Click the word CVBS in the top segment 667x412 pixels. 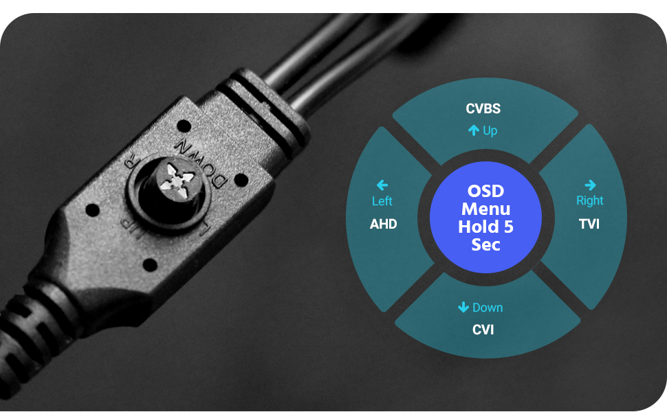[483, 108]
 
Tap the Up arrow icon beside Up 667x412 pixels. [473, 130]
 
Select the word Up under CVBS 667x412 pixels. [490, 130]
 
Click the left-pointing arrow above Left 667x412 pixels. [382, 185]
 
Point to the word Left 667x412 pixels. [382, 201]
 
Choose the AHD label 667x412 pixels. [383, 224]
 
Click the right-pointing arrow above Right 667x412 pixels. [590, 185]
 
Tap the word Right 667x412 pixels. [590, 201]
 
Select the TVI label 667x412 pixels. [589, 224]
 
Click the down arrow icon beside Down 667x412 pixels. [463, 308]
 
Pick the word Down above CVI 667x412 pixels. [488, 308]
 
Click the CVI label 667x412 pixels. [483, 330]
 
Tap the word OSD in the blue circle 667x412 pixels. [485, 191]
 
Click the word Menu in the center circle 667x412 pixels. [485, 209]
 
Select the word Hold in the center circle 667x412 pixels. [477, 227]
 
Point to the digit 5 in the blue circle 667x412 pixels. [508, 227]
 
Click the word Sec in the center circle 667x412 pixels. [485, 244]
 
